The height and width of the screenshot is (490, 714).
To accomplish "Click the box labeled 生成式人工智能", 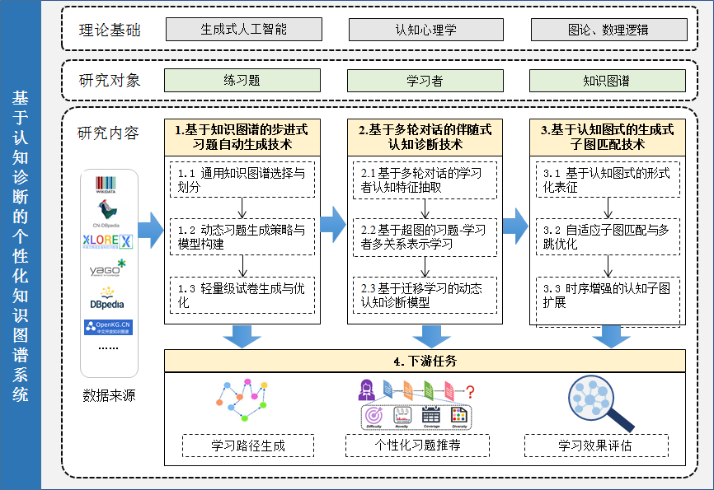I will point(243,29).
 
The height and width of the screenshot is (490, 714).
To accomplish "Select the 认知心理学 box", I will point(425,29).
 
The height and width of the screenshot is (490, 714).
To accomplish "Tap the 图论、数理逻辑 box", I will point(608,29).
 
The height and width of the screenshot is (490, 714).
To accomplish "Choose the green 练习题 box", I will point(242,80).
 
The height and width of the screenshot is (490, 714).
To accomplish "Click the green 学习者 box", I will point(425,80).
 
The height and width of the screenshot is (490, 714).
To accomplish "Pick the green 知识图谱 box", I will point(607,80).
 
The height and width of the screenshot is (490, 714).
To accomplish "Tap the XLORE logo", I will point(108,240).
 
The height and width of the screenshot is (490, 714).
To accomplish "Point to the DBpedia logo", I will point(108,298).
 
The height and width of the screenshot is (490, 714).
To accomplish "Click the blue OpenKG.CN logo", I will point(108,328).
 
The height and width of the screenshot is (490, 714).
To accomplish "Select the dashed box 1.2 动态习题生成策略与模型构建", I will point(242,236).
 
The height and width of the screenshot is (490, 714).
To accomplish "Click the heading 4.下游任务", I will point(425,361).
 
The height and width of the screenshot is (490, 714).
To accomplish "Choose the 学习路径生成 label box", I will point(247,446).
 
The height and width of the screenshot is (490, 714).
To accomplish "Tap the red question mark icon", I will point(470,391).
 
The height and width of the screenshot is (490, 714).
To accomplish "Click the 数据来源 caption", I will point(109,395).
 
